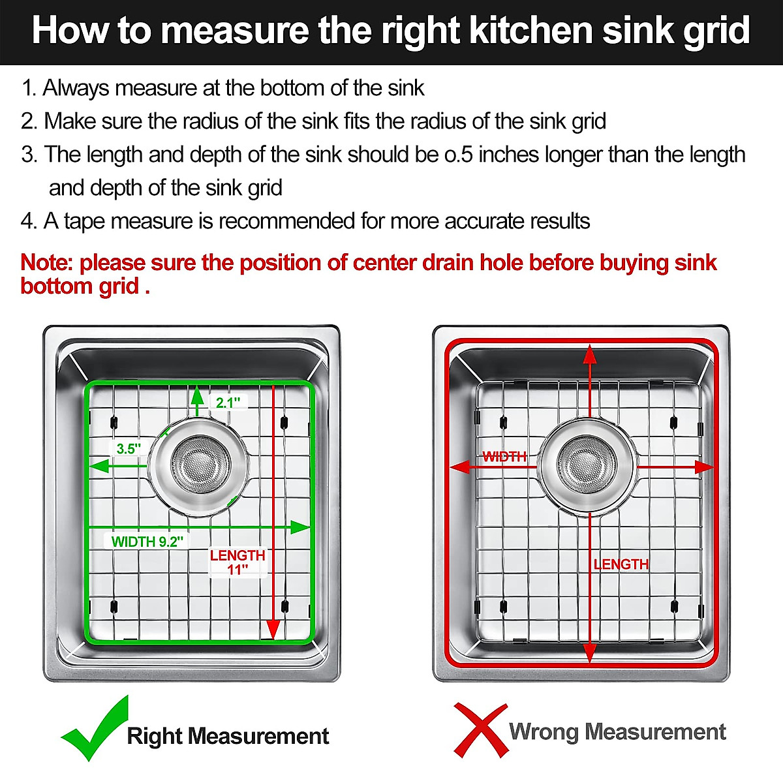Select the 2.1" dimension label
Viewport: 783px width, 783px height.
tap(228, 403)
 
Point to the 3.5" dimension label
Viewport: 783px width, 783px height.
tap(129, 449)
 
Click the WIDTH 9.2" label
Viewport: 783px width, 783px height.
tap(147, 542)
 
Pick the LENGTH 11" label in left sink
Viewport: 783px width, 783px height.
tap(238, 562)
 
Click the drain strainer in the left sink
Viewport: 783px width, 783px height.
tap(200, 465)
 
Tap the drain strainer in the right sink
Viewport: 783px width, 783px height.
tap(587, 465)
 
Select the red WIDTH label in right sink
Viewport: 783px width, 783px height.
tap(504, 457)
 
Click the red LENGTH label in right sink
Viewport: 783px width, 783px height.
tap(621, 564)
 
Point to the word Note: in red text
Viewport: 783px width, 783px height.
tap(47, 263)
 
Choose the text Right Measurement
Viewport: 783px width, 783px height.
tap(228, 736)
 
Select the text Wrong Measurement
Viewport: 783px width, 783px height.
tap(617, 732)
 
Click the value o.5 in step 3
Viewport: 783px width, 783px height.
tap(458, 155)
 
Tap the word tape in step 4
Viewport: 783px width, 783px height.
tap(84, 222)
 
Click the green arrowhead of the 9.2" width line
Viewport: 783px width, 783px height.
tap(300, 527)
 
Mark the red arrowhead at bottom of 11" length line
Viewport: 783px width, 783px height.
tap(273, 630)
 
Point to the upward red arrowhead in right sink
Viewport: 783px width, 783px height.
tap(590, 354)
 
